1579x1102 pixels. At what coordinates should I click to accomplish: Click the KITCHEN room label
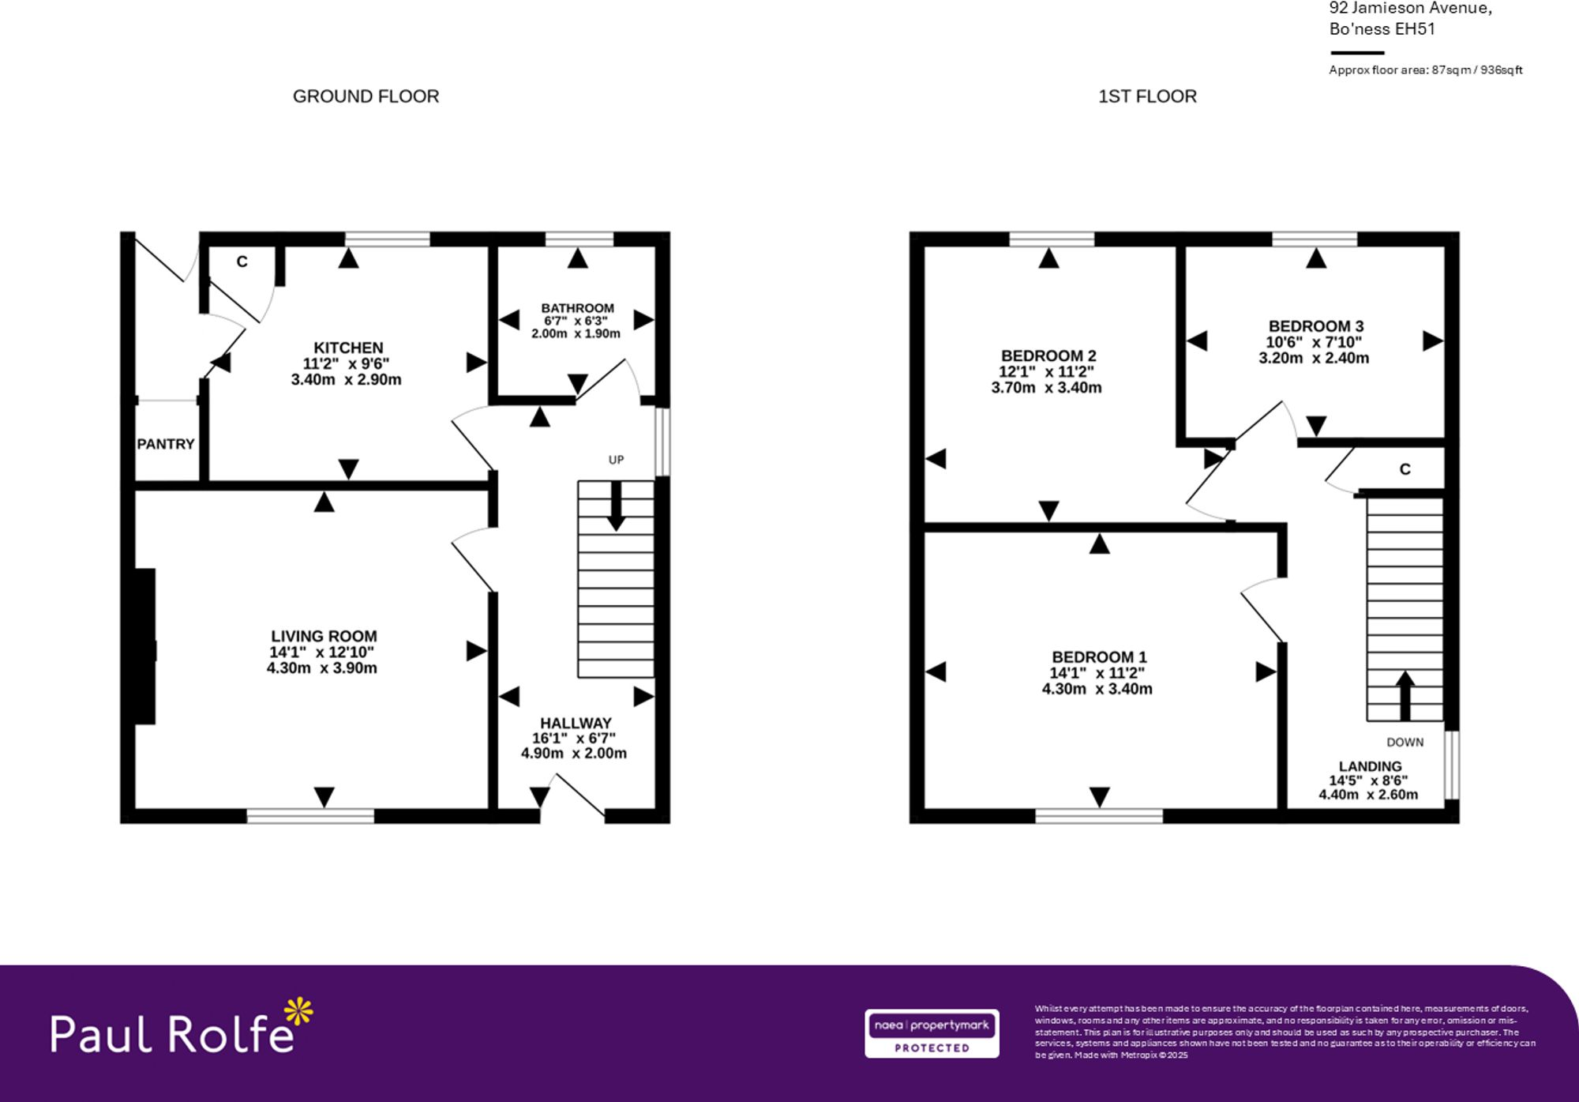(348, 348)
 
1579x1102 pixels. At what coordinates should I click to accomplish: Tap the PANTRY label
(166, 444)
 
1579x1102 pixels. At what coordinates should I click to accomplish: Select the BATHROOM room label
(577, 308)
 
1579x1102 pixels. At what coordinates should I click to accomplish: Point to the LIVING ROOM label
(324, 636)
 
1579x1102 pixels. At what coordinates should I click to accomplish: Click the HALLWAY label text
(576, 723)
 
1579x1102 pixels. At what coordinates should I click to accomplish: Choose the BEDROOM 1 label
(1099, 656)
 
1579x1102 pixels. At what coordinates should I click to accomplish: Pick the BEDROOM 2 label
(1048, 355)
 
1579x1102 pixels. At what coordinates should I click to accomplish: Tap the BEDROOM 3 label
(1316, 325)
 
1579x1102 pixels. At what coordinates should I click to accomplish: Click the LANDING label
(1370, 766)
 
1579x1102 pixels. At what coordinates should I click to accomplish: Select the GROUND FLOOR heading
(366, 96)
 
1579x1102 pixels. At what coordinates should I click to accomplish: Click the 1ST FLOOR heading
(1147, 96)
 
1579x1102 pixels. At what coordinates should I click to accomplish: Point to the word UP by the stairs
(616, 460)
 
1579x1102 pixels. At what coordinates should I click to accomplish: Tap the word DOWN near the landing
(1405, 742)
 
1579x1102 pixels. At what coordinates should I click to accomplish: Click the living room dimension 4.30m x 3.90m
(322, 668)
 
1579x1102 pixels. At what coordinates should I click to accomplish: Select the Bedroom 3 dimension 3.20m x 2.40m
(1314, 358)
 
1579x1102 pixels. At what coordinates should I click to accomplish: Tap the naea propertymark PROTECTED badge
(932, 1033)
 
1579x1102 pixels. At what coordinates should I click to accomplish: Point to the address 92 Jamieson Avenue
(1410, 9)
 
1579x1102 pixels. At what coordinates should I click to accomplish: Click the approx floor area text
(1425, 70)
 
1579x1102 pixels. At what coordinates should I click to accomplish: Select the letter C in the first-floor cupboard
(1405, 469)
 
